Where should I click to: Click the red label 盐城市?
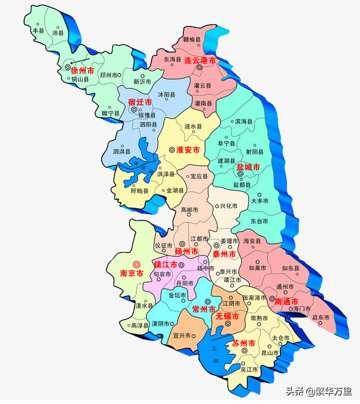(x=248, y=166)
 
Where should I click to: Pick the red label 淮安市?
(x=188, y=150)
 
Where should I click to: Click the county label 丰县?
(x=39, y=30)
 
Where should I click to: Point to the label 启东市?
(x=321, y=317)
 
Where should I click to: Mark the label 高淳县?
(x=140, y=325)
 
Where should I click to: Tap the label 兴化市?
(x=227, y=206)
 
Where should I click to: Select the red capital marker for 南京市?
(x=136, y=264)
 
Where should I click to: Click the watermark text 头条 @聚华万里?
(x=320, y=391)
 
